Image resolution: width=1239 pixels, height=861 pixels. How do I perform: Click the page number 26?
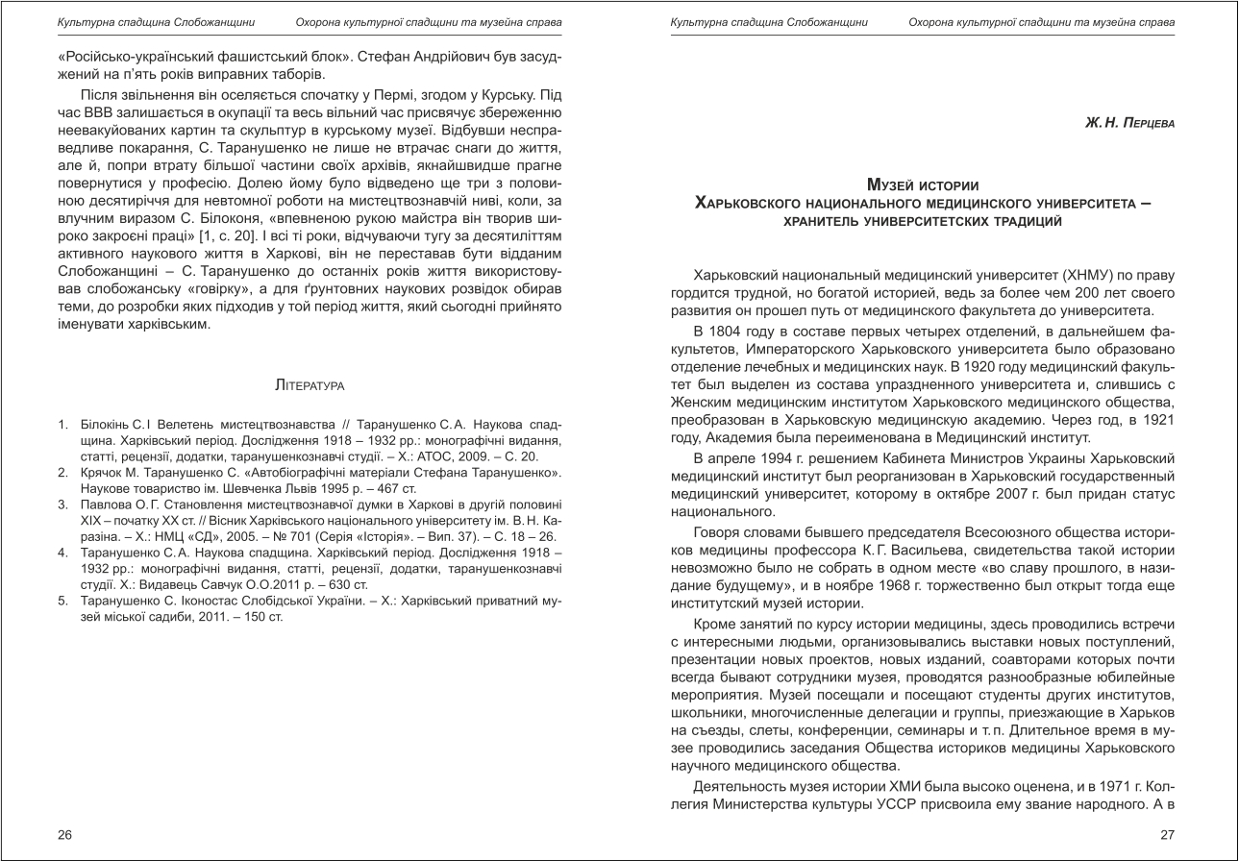click(x=64, y=834)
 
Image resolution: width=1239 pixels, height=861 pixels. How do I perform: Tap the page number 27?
click(x=1168, y=834)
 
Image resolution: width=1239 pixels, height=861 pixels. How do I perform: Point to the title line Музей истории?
click(x=923, y=184)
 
